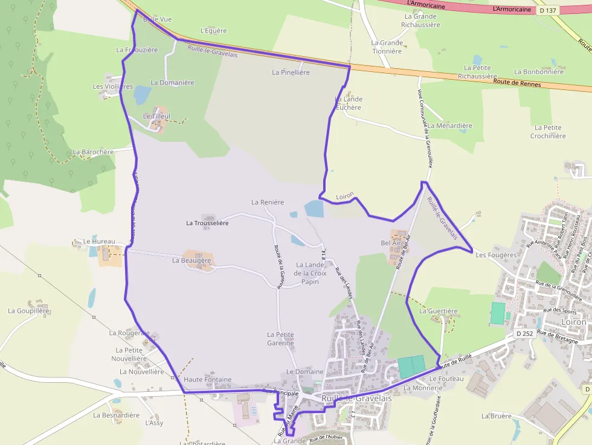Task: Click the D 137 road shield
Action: click(548, 10)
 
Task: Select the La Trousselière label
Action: click(207, 223)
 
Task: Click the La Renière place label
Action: click(268, 202)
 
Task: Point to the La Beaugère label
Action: click(191, 260)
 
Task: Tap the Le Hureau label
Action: click(99, 241)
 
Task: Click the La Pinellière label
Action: click(291, 72)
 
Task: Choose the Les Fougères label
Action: click(496, 255)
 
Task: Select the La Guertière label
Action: click(439, 311)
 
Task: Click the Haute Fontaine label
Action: click(207, 379)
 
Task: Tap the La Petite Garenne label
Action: click(280, 339)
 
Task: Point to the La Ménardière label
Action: click(449, 126)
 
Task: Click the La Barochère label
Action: click(93, 152)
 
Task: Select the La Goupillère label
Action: click(28, 310)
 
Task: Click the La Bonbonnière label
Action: click(539, 71)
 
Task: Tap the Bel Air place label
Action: click(391, 243)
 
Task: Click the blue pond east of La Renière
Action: click(314, 208)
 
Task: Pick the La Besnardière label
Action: click(116, 415)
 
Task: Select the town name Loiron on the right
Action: click(573, 322)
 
